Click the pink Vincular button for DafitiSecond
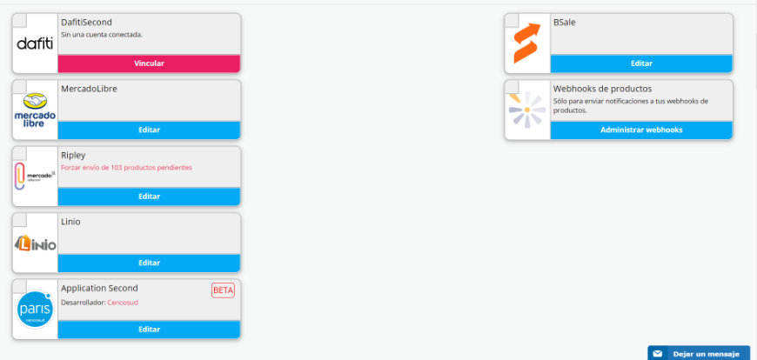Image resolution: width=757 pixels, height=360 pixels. tap(149, 63)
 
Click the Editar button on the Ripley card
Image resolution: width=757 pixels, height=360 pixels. tap(149, 197)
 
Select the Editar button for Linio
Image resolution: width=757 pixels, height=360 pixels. tap(149, 263)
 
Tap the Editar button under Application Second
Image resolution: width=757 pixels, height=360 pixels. tap(149, 330)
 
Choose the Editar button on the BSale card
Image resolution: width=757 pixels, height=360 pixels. tap(641, 63)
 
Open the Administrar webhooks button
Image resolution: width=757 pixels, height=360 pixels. tap(641, 130)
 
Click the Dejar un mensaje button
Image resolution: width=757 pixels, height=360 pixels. tap(698, 354)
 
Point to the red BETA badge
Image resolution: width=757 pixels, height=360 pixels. tap(223, 290)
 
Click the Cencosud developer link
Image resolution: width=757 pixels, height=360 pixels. tap(122, 303)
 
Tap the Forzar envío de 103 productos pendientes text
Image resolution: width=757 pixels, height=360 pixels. tap(126, 167)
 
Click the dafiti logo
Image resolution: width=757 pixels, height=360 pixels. tap(35, 43)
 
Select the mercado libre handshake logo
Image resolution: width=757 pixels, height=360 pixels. tap(35, 110)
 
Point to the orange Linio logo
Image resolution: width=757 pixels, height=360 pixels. tap(35, 243)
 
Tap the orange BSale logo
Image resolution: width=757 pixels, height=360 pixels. tap(527, 43)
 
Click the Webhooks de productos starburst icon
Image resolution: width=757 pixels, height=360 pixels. tap(527, 110)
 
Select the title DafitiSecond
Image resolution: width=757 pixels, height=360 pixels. tap(86, 22)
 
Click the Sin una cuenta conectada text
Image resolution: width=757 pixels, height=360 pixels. tap(101, 35)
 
